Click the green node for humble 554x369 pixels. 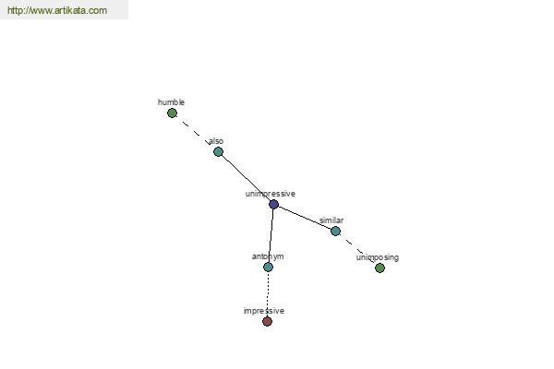click(172, 113)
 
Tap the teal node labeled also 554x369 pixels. click(218, 152)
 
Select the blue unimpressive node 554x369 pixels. click(274, 204)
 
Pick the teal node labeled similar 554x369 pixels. click(336, 232)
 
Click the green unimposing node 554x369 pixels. click(379, 268)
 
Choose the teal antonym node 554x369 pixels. click(268, 267)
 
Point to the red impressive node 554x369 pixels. click(268, 321)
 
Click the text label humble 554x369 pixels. click(171, 102)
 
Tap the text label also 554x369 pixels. click(216, 141)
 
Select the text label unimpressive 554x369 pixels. click(271, 194)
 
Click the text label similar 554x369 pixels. click(331, 220)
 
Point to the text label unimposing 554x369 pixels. click(378, 257)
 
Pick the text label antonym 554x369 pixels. click(268, 256)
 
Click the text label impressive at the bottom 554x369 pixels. click(264, 311)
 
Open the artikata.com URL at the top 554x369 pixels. click(57, 10)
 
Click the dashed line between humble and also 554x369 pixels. click(195, 133)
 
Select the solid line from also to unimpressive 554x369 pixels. click(246, 178)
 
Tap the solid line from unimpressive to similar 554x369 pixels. click(305, 218)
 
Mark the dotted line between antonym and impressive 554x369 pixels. click(268, 294)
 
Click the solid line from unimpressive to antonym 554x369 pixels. click(271, 235)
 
